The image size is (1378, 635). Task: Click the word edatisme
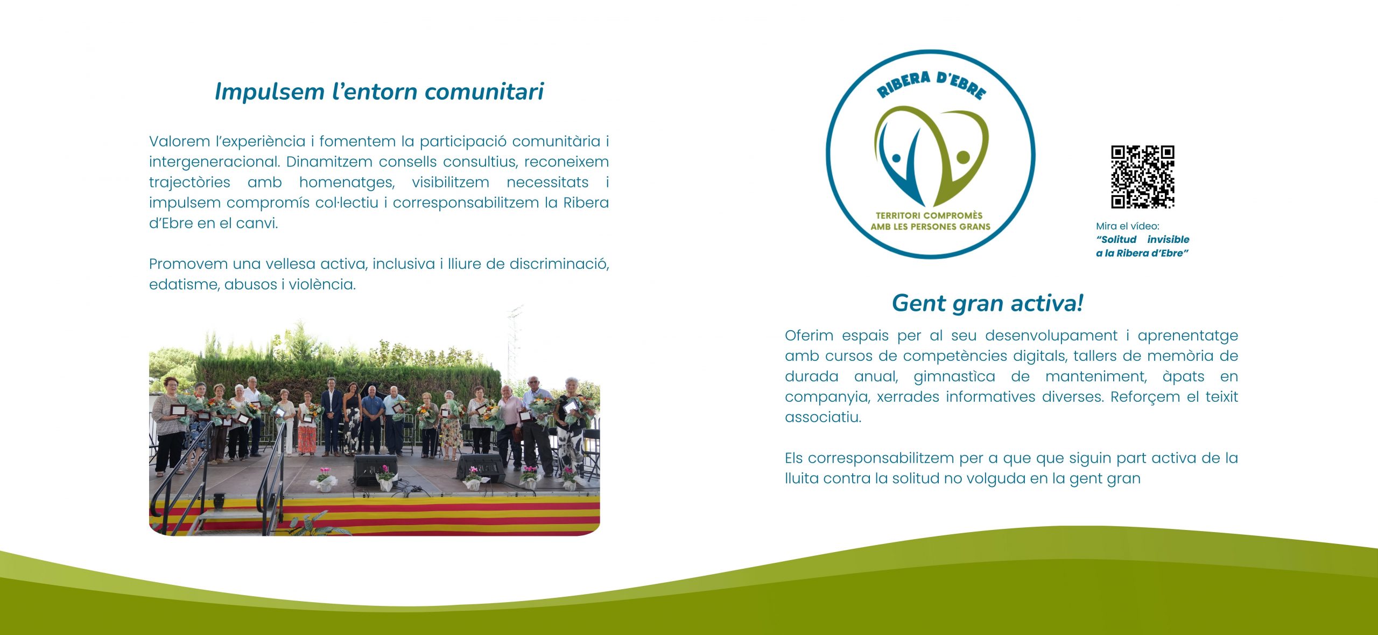pyautogui.click(x=184, y=284)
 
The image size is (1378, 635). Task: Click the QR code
pyautogui.click(x=1142, y=177)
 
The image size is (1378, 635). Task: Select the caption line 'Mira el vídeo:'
pyautogui.click(x=1127, y=226)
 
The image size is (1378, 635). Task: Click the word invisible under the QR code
pyautogui.click(x=1168, y=240)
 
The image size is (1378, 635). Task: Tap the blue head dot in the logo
pyautogui.click(x=896, y=158)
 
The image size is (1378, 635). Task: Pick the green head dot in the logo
pyautogui.click(x=963, y=157)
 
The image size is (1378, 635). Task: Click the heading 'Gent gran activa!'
pyautogui.click(x=988, y=303)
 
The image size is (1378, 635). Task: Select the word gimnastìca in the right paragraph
pyautogui.click(x=954, y=376)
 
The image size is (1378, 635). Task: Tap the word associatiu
pyautogui.click(x=823, y=417)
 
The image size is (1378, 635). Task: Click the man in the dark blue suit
pyautogui.click(x=332, y=416)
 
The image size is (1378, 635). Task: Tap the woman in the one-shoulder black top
pyautogui.click(x=352, y=418)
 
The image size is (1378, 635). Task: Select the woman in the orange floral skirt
pyautogui.click(x=307, y=424)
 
